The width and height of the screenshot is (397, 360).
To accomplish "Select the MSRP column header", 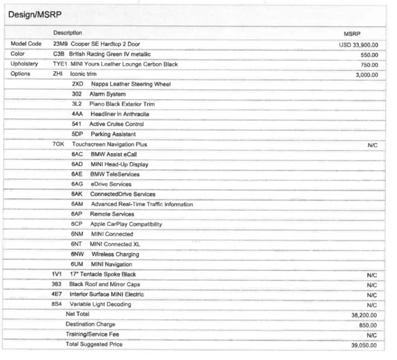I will [x=352, y=34].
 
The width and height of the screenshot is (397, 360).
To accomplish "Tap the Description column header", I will [x=67, y=33].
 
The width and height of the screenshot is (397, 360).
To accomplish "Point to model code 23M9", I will [x=60, y=44].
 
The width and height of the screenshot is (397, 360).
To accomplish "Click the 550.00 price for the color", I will [x=369, y=55].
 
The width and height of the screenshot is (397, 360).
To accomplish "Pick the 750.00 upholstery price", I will [x=369, y=65].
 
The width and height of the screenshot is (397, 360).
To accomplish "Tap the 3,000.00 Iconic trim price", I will [x=366, y=75].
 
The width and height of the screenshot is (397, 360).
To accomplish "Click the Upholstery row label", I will [x=24, y=64].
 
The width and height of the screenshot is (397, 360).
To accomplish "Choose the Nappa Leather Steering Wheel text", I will [x=131, y=84].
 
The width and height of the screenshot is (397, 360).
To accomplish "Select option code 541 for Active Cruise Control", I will [x=76, y=124].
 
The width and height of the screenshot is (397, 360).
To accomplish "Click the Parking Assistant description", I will [x=113, y=134].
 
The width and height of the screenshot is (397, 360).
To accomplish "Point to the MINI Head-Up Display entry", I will [x=119, y=164].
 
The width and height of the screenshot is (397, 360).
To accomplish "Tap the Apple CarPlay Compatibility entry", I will [x=126, y=224].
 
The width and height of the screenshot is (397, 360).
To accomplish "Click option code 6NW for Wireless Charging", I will [x=77, y=254].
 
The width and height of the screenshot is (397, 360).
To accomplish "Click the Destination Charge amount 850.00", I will [x=368, y=325].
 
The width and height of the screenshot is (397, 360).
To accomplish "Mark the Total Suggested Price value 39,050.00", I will [x=364, y=346].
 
